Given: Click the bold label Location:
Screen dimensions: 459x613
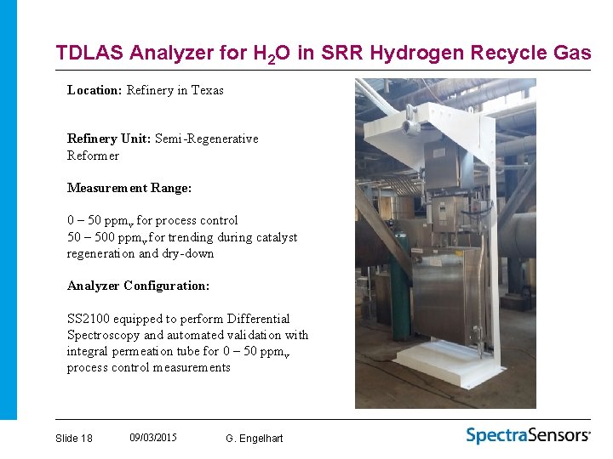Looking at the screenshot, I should click(x=95, y=90).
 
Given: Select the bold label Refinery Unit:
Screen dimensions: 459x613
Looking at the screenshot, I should click(x=109, y=139).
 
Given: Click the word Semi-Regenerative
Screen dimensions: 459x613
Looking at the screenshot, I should click(x=207, y=139).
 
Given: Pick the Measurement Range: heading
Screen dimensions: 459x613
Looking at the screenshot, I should click(x=129, y=187).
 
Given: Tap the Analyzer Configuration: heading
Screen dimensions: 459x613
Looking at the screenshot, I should click(x=138, y=286).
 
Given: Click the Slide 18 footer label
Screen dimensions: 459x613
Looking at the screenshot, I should click(x=73, y=438).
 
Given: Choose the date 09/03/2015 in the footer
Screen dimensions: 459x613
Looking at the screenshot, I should click(x=153, y=437).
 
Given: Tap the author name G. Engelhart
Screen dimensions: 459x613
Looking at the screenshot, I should click(x=255, y=438).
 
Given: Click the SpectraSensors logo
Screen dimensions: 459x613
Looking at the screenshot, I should click(x=528, y=435).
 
